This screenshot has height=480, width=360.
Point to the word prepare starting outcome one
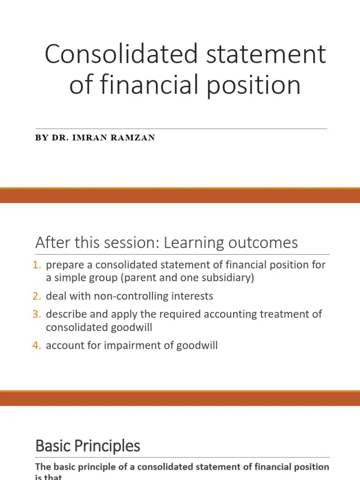pos(61,265)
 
